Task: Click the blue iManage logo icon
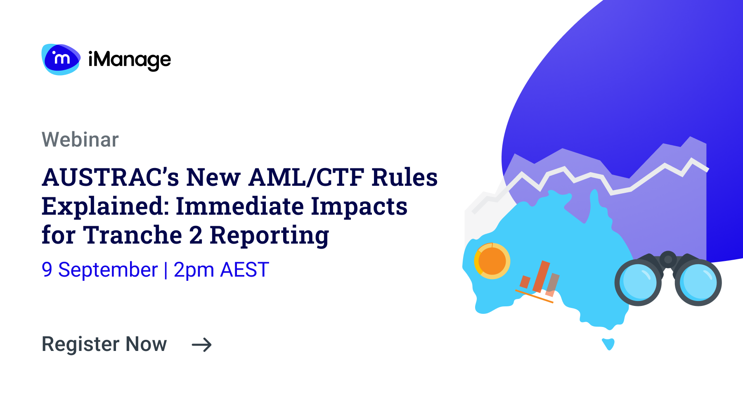(61, 59)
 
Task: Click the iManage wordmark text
(130, 60)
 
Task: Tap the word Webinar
(80, 140)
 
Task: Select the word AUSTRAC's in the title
(110, 178)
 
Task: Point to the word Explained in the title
(105, 206)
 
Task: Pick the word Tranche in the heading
(133, 235)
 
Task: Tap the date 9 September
(99, 270)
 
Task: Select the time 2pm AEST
(221, 270)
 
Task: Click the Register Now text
(104, 344)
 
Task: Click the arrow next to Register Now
(202, 345)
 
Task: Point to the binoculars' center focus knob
(668, 260)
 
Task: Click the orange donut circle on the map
(492, 261)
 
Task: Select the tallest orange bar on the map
(541, 276)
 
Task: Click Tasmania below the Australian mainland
(608, 344)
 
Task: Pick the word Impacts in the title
(359, 206)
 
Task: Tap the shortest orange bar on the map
(525, 282)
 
